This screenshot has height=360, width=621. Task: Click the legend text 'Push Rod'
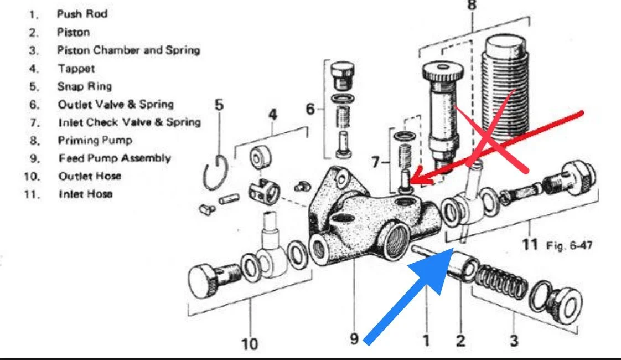click(82, 14)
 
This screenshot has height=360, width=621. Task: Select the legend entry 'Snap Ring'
click(84, 86)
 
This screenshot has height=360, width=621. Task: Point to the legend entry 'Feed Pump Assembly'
click(114, 158)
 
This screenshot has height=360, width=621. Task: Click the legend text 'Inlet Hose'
click(85, 194)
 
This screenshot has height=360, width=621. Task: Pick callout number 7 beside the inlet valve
click(376, 163)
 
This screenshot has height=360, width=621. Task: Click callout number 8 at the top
click(472, 6)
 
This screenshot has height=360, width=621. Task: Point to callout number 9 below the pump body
click(354, 338)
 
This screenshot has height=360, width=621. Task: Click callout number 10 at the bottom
click(249, 343)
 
